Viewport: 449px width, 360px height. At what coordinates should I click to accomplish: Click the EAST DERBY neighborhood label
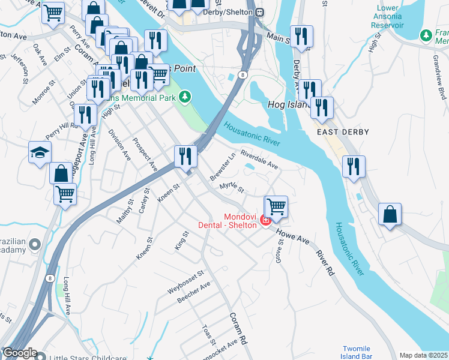click(343, 131)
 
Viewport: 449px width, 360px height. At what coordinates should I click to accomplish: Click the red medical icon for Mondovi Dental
click(265, 221)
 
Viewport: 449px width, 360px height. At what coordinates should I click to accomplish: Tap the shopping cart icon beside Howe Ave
click(276, 206)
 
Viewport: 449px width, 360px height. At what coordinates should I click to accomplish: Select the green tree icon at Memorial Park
click(185, 96)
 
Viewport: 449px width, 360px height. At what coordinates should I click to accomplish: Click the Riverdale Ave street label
click(259, 160)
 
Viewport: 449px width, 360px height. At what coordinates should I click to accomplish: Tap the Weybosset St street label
click(186, 281)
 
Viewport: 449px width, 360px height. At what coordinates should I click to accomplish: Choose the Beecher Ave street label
click(193, 293)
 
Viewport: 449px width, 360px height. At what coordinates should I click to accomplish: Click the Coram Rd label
click(238, 328)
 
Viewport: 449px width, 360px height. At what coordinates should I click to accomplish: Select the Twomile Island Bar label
click(356, 353)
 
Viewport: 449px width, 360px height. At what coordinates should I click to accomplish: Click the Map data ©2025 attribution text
click(423, 355)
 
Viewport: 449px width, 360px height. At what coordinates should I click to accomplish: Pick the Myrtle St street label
click(232, 188)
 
